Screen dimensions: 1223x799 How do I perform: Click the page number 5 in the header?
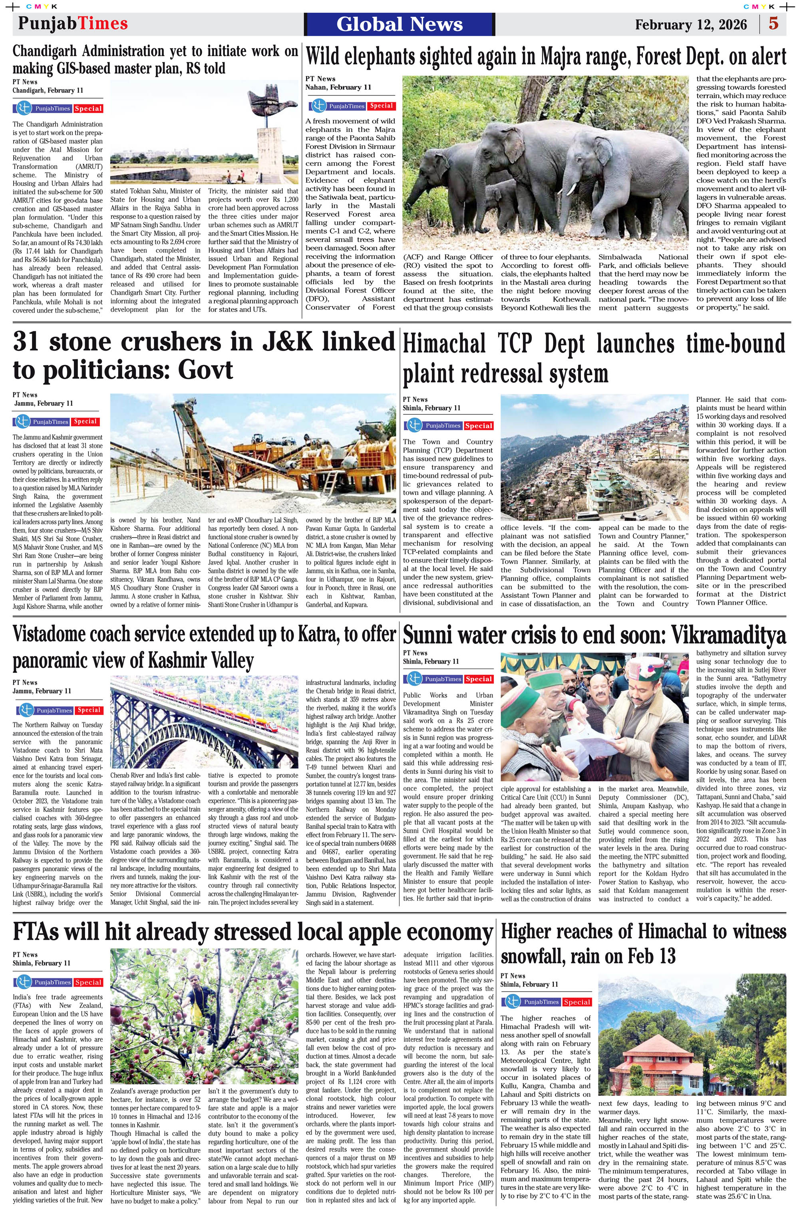[773, 24]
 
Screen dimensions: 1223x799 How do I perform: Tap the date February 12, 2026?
[691, 25]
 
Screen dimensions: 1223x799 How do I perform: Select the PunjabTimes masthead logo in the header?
[72, 24]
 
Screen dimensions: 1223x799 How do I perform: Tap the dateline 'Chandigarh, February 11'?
[48, 90]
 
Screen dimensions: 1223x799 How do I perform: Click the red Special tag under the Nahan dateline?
[381, 106]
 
